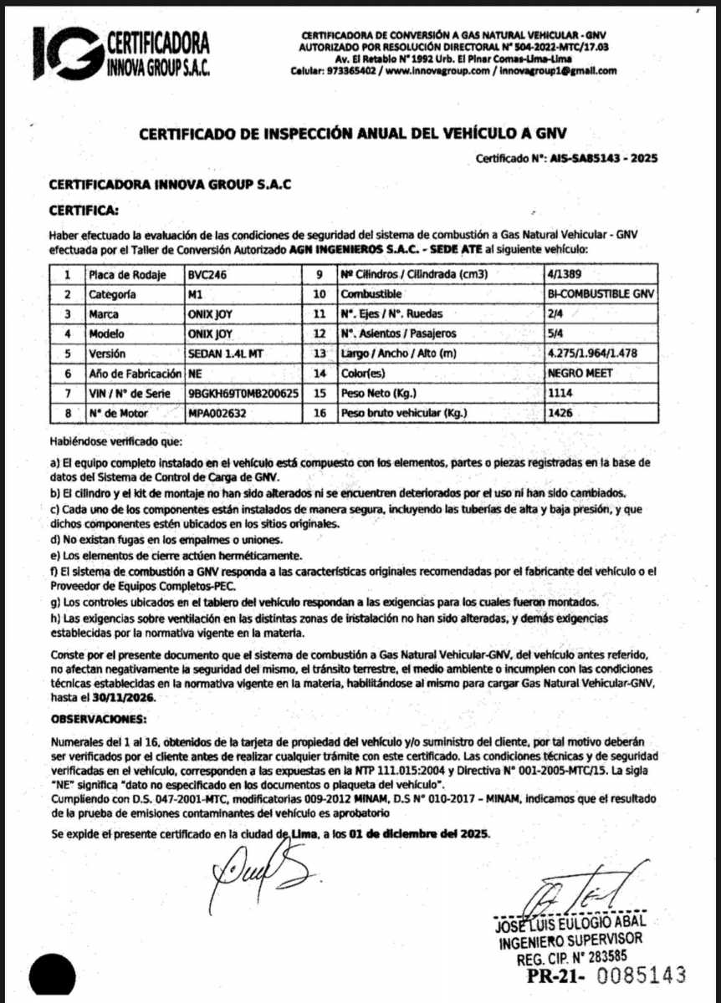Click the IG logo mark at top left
point(67,53)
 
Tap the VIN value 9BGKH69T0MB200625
point(243,393)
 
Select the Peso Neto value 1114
point(560,393)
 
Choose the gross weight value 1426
point(560,413)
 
